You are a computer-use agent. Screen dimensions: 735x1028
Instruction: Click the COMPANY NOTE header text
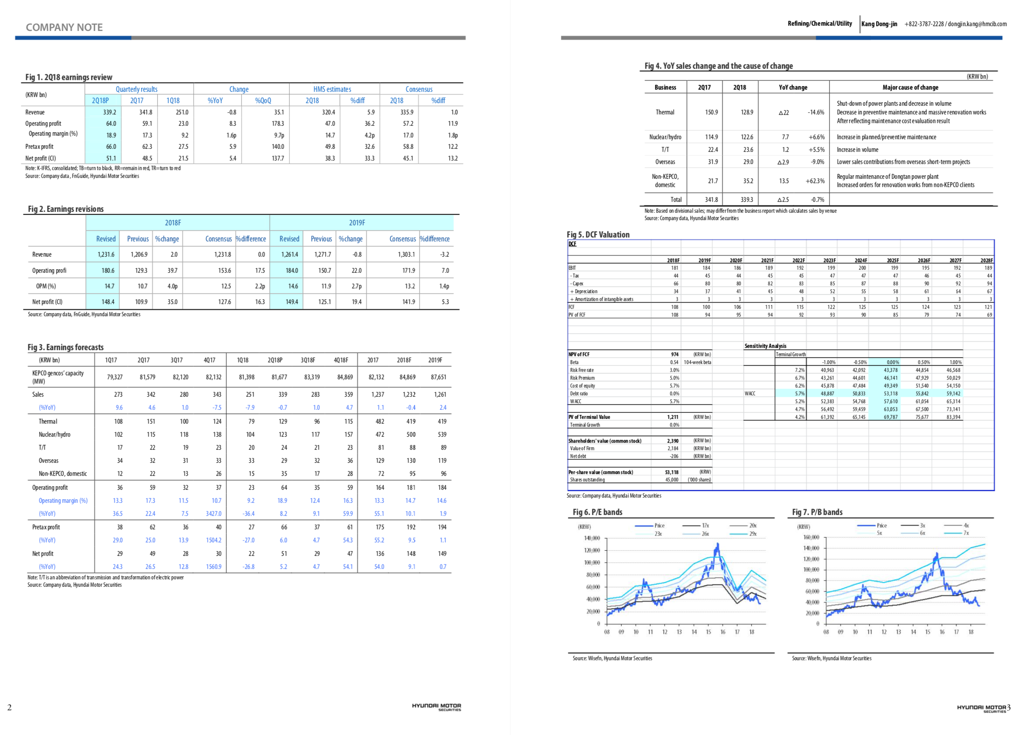pos(64,27)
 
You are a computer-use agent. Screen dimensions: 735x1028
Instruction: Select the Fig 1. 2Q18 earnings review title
pos(69,77)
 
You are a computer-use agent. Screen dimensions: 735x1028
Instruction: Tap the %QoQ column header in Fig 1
pos(263,100)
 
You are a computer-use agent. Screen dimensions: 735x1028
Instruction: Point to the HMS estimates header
pos(332,89)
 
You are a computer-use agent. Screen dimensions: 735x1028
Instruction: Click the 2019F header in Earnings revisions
pos(357,223)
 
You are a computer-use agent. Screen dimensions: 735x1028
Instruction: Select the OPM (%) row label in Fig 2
pos(46,286)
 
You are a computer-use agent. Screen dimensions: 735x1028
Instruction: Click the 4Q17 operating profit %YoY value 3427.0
pos(213,514)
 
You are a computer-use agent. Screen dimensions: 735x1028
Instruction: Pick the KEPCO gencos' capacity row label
pos(58,377)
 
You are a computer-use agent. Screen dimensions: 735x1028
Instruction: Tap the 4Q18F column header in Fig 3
pos(341,360)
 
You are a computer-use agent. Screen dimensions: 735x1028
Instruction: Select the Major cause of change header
pos(910,87)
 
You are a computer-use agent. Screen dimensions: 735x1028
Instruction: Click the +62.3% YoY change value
pos(815,181)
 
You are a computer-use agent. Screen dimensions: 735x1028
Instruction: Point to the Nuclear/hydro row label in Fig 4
pos(665,137)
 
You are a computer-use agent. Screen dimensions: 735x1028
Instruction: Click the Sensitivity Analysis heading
pos(765,346)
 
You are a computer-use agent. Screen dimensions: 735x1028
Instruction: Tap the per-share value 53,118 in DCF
pos(672,472)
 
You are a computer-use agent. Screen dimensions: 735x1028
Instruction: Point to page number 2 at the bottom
pos(10,708)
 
